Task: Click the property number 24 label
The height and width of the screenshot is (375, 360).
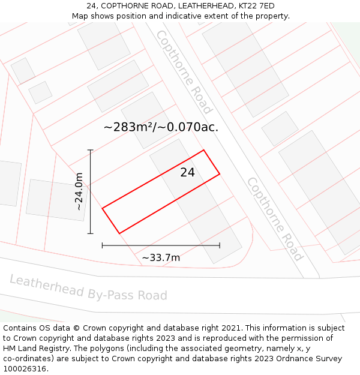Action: (x=188, y=173)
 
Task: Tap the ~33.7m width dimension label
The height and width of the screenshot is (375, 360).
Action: (x=161, y=258)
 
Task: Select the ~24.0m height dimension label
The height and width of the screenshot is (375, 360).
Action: (x=79, y=191)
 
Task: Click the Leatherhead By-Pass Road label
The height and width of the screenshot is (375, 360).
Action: (x=88, y=288)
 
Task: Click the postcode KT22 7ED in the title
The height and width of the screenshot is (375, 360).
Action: (x=254, y=6)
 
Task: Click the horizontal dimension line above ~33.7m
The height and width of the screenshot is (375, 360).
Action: (x=161, y=245)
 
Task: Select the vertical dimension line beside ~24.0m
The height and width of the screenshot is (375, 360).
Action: (x=91, y=191)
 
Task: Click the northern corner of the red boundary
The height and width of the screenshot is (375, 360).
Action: (x=204, y=150)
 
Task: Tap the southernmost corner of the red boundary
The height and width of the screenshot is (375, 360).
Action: (x=119, y=233)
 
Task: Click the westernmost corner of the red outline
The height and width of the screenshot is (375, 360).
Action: (x=103, y=208)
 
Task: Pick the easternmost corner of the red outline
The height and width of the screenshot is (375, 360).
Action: (x=220, y=174)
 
